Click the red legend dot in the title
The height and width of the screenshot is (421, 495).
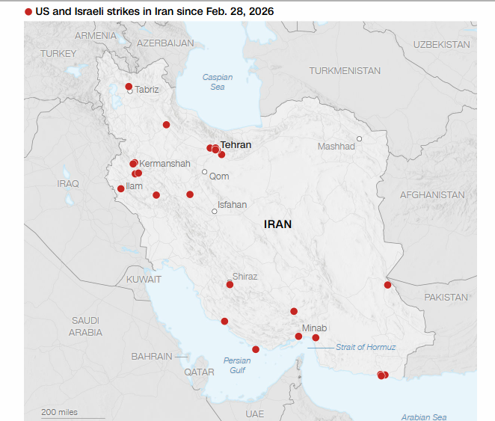click(x=28, y=12)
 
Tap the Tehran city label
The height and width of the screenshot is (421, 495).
click(x=236, y=145)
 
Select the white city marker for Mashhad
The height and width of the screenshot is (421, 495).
click(x=359, y=138)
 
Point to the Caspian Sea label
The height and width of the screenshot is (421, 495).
click(x=218, y=82)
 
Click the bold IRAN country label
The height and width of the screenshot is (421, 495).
click(x=277, y=224)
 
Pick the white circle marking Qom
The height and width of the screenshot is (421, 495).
click(x=204, y=171)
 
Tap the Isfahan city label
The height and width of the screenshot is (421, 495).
click(x=232, y=205)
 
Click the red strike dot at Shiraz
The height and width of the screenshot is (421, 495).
click(x=230, y=284)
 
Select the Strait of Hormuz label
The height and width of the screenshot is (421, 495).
click(x=366, y=347)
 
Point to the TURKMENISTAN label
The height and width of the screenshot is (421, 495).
click(x=345, y=71)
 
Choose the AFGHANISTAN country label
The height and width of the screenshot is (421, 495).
click(x=432, y=195)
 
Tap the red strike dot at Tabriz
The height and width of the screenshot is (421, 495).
click(x=129, y=86)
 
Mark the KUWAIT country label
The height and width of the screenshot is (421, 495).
click(x=144, y=279)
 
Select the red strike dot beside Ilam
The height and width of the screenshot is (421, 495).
click(x=121, y=188)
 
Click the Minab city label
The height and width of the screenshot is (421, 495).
click(x=314, y=328)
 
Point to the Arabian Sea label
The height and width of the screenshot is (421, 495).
click(x=423, y=417)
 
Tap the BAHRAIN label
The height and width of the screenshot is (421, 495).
click(x=152, y=357)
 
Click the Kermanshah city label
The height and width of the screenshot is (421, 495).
click(x=165, y=164)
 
